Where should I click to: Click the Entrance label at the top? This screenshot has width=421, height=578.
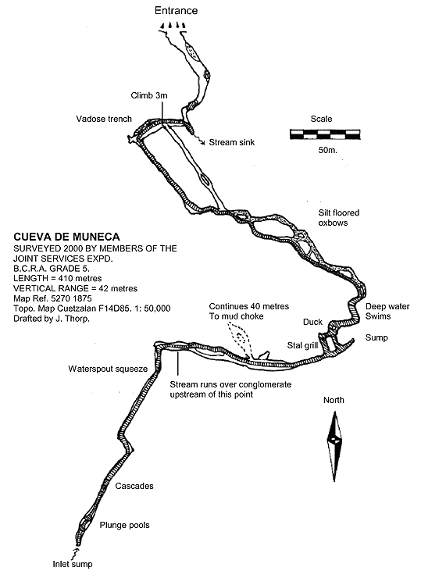pos(176,11)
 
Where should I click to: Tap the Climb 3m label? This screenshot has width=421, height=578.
pos(149,95)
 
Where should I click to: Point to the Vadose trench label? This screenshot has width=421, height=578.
pos(104,119)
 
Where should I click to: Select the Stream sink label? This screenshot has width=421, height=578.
pos(231,142)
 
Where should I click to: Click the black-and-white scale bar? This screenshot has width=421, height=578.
pos(325,134)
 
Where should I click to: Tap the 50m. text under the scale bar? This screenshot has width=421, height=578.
pos(328,150)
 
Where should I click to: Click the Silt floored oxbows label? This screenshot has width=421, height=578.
pos(339,217)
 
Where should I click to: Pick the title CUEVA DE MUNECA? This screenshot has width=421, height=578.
pos(66,237)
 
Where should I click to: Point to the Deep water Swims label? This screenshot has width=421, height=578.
pos(387,311)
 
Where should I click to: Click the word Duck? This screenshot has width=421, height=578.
pos(312,322)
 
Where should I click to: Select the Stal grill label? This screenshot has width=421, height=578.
pos(302,345)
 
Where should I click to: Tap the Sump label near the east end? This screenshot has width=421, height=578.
pos(376,337)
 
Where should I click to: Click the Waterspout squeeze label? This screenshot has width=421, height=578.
pos(108,369)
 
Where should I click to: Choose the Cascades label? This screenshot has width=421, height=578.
pos(134,486)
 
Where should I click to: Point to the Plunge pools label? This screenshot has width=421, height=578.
pos(125,525)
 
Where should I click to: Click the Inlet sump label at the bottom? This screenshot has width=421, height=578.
pos(73,564)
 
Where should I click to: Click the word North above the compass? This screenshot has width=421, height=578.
pos(334,400)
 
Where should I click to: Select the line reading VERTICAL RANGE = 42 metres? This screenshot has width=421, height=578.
pos(75,288)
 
